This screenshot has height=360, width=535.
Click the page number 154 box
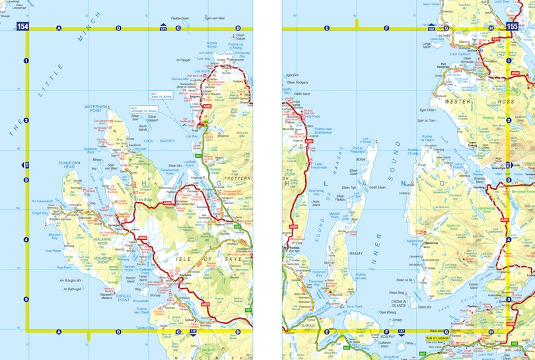tap(23, 26)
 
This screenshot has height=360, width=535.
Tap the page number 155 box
tap(512, 26)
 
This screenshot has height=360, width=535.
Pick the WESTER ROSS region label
tap(470, 102)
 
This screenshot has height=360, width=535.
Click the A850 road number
tap(167, 203)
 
